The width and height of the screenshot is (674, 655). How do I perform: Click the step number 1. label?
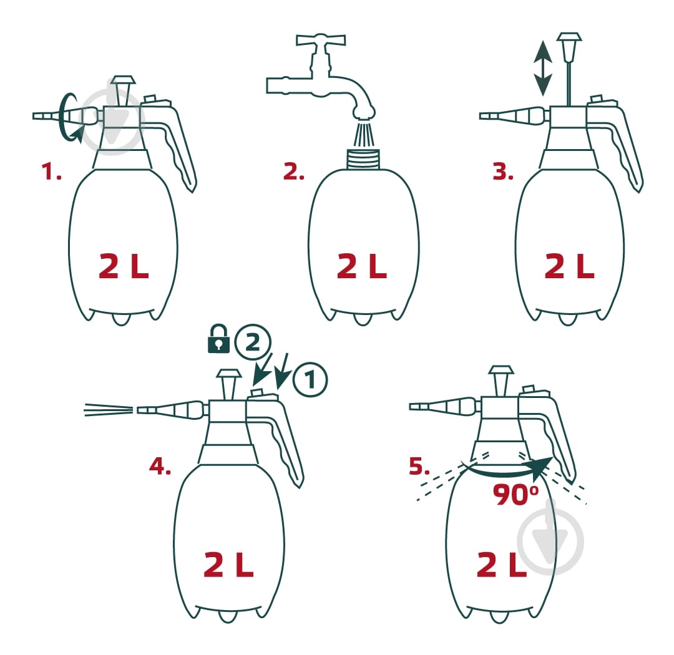tap(51, 172)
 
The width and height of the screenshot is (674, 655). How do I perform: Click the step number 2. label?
tap(294, 172)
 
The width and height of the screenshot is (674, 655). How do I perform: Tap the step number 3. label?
tap(503, 172)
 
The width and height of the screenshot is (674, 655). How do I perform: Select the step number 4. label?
tap(160, 466)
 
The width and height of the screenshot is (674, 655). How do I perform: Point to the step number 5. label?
tap(419, 466)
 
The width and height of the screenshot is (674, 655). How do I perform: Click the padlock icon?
tap(218, 339)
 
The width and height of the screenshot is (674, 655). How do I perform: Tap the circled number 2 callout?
tap(253, 342)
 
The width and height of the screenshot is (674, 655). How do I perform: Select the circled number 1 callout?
tap(310, 379)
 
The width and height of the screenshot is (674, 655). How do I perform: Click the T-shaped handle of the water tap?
tap(321, 40)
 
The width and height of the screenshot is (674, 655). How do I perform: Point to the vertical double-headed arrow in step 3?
tap(543, 68)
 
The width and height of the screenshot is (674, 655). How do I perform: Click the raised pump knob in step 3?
tap(569, 47)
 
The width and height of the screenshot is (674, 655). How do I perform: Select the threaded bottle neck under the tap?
tap(364, 158)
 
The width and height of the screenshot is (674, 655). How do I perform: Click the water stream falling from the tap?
tap(364, 134)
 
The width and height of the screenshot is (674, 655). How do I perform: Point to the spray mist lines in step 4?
tap(109, 410)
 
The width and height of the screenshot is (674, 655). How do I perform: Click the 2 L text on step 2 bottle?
tap(362, 266)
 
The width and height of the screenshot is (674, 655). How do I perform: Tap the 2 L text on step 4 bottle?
tap(228, 564)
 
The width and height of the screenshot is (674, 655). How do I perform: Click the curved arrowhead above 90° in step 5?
tap(542, 468)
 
